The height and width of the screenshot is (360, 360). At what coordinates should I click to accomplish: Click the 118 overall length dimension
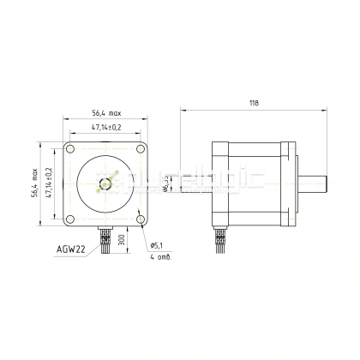(254, 103)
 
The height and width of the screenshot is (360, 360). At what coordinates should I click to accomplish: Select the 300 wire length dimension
(123, 237)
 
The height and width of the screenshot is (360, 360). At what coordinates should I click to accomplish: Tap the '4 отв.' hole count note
(159, 256)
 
